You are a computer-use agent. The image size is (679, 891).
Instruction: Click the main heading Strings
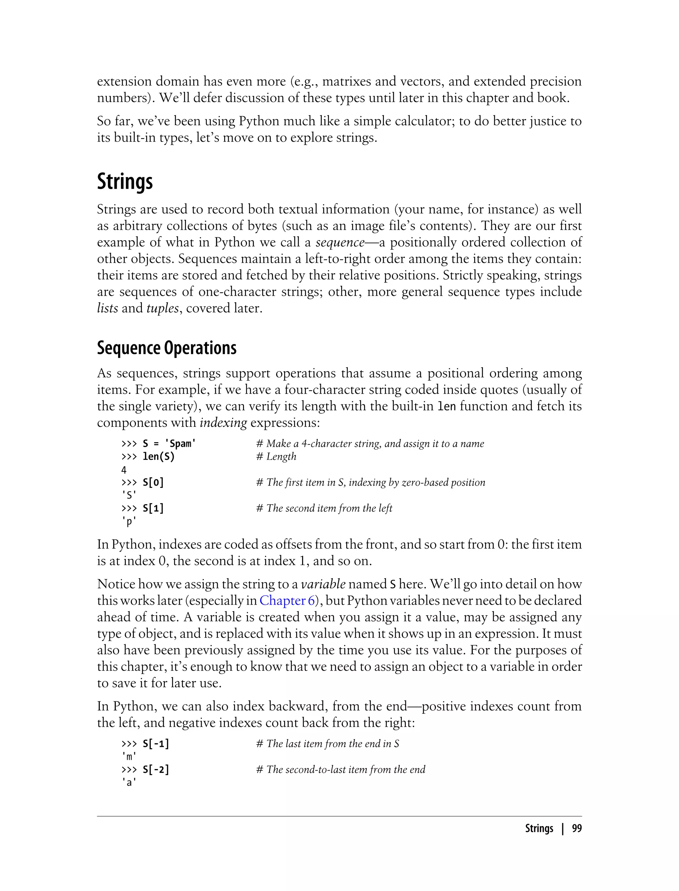[125, 181]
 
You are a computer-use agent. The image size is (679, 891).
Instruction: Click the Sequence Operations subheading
[166, 348]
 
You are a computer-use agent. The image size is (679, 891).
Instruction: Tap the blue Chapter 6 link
[287, 601]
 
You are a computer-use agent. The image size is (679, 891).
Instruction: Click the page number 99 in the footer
[577, 828]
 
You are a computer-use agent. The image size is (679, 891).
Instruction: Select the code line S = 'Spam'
[169, 444]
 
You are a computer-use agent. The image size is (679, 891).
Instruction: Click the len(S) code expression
[158, 457]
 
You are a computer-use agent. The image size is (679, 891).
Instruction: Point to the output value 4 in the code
[124, 470]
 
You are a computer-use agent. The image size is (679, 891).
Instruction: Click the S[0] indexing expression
[153, 483]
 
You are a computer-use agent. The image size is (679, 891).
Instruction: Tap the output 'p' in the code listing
[129, 522]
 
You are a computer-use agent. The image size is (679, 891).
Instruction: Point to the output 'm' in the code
[129, 756]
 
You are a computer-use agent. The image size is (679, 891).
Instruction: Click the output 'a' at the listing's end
[129, 783]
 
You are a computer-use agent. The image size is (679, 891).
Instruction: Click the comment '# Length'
[277, 457]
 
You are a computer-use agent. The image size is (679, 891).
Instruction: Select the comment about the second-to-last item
[341, 770]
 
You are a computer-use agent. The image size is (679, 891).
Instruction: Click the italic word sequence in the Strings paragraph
[340, 242]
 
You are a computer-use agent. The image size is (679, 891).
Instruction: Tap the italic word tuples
[162, 308]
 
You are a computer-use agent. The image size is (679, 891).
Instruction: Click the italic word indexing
[223, 423]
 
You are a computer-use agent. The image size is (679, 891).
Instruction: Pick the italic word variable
[323, 584]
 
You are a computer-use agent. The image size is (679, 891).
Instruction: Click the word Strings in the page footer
[539, 828]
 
